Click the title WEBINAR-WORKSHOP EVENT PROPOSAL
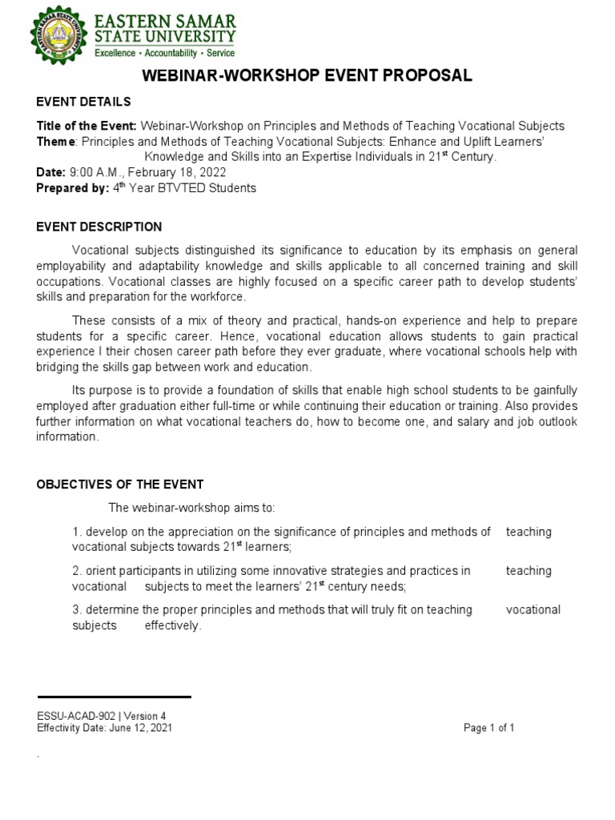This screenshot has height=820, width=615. pos(307,76)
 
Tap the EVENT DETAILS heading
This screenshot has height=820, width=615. pos(84,102)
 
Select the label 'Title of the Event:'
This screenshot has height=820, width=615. pos(87,126)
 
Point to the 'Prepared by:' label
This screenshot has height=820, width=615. pos(73,188)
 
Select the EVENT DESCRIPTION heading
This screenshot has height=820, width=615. pos(99,227)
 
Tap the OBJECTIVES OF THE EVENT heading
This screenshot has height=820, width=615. pos(120,484)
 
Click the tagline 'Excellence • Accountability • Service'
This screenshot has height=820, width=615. pos(166,53)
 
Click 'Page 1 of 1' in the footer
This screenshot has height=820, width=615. pos(488,728)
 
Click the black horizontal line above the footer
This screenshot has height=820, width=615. pos(114,697)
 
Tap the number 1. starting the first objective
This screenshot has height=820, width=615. pos(77,532)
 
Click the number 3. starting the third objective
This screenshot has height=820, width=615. pos(77,609)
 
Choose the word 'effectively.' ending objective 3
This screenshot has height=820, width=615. pos(173,625)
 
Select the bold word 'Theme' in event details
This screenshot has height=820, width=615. pos(55,142)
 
